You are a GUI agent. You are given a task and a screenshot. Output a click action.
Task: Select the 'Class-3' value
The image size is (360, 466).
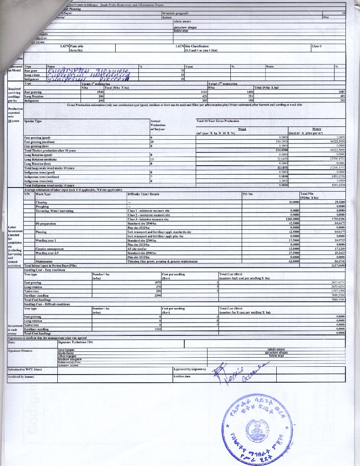click(317, 46)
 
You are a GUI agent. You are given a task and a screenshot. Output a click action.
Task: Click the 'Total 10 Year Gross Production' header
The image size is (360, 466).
click(218, 121)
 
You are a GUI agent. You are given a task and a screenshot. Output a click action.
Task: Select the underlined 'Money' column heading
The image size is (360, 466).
click(317, 129)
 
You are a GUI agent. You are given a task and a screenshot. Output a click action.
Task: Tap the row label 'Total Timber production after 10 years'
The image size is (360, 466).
click(50, 150)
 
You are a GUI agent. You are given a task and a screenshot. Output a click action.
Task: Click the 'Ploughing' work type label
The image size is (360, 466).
click(42, 206)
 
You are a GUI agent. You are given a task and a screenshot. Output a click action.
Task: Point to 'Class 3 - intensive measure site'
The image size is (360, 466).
click(148, 219)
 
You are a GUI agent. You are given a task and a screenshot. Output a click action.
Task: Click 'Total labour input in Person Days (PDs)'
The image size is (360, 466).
click(50, 265)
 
